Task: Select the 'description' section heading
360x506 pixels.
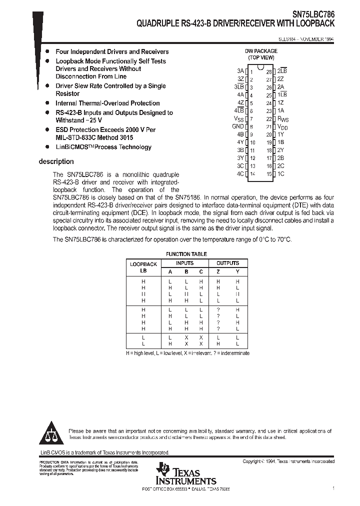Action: click(56, 161)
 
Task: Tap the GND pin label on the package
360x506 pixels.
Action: click(238, 126)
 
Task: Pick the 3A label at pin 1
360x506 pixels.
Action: click(240, 71)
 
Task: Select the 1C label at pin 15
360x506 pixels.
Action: click(280, 173)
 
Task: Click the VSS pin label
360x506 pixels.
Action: click(238, 119)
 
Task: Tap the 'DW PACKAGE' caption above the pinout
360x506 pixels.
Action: click(260, 51)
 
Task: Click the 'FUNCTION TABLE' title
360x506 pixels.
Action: click(186, 254)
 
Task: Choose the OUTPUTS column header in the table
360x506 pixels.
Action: click(227, 263)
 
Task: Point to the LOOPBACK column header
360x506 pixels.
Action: click(143, 264)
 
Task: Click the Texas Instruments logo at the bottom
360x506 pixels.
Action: click(185, 474)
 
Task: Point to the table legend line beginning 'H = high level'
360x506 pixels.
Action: click(187, 353)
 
